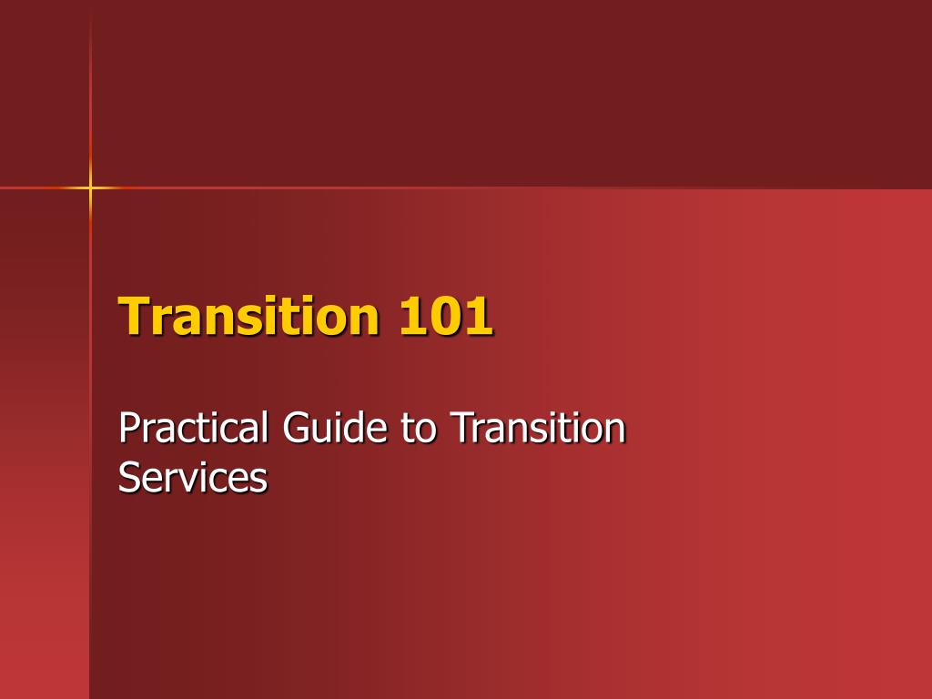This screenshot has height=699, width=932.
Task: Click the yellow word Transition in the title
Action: click(248, 316)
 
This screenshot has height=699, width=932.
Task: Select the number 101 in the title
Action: click(445, 316)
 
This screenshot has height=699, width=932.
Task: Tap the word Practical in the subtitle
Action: click(193, 428)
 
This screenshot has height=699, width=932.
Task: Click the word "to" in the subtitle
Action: click(419, 429)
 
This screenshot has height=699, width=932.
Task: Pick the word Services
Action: click(193, 478)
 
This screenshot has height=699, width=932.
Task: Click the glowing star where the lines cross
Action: click(90, 187)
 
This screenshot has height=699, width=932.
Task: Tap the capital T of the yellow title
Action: click(134, 316)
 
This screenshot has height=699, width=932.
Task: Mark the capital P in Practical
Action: click(128, 428)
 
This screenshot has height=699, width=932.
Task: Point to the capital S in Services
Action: click(128, 478)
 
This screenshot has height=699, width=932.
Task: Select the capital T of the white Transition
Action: click(462, 428)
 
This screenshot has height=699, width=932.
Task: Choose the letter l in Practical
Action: click(263, 428)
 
